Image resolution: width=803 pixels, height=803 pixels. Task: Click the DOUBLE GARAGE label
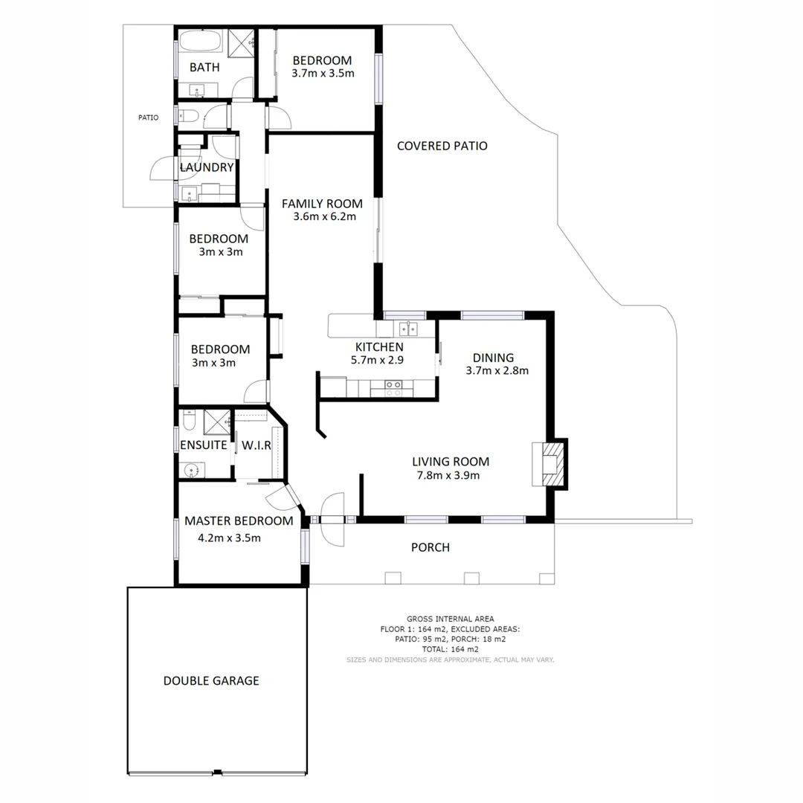pos(211,680)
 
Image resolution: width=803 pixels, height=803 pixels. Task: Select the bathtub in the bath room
pos(201,41)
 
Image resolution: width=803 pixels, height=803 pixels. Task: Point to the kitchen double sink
pos(407,328)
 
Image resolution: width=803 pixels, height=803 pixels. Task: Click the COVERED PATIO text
pos(442,146)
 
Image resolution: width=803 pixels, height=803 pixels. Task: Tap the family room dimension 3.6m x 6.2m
pos(322,217)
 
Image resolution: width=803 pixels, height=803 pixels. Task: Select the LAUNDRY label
pos(207,167)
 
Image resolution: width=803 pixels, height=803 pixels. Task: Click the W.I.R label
pos(257,445)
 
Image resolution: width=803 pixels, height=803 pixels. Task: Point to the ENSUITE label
pos(204,445)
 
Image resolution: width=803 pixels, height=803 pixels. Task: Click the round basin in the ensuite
pos(193,470)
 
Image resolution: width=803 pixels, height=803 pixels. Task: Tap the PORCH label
pos(430,547)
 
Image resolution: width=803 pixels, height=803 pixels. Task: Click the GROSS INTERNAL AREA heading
pos(450,619)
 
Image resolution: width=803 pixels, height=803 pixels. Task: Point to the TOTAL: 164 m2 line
pos(450,649)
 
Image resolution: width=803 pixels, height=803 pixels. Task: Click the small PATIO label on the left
pos(148,117)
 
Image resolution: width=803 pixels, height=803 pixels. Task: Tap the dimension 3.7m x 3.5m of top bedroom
pos(323,74)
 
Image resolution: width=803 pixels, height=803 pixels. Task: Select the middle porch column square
pos(470,578)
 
